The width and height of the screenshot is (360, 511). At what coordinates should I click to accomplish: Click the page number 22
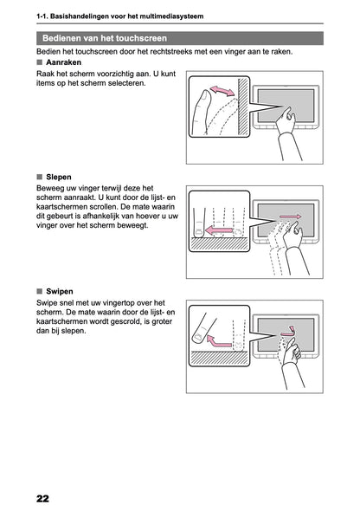[x=42, y=498]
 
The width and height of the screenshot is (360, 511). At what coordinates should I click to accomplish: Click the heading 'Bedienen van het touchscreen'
[x=105, y=38]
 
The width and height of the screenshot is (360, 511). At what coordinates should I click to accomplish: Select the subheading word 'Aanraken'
[x=64, y=62]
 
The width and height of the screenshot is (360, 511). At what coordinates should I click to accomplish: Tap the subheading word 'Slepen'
[x=59, y=177]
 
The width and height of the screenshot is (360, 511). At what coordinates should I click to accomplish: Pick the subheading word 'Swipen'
[x=60, y=291]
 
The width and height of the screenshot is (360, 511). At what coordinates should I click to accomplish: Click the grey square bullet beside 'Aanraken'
[x=40, y=62]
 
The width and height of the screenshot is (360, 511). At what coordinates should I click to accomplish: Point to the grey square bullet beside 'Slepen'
[x=40, y=177]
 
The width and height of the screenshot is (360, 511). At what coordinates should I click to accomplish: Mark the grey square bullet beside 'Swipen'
[x=40, y=291]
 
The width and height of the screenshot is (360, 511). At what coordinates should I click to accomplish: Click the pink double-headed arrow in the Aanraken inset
[x=222, y=91]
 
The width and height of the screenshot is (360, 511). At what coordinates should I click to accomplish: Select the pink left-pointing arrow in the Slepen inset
[x=220, y=230]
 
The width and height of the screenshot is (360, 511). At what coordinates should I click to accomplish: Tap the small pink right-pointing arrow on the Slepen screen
[x=291, y=217]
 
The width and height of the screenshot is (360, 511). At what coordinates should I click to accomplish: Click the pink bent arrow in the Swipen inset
[x=219, y=341]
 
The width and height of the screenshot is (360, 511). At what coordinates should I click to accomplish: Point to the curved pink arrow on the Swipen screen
[x=289, y=333]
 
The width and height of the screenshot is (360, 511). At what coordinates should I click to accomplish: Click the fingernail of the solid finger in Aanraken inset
[x=206, y=96]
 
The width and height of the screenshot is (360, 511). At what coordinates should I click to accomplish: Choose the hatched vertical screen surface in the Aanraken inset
[x=243, y=107]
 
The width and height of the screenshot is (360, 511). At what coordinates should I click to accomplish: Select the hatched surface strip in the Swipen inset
[x=220, y=359]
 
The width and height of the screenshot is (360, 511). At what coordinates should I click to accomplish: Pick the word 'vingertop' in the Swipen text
[x=118, y=303]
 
